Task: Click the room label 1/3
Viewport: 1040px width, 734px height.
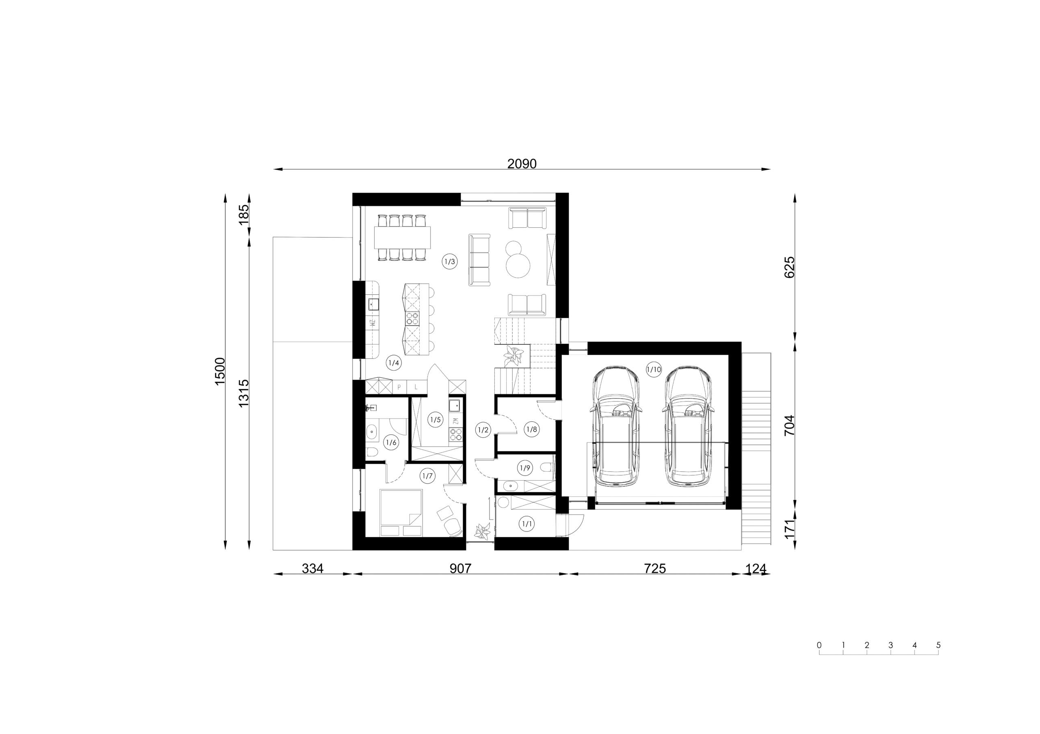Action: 450,261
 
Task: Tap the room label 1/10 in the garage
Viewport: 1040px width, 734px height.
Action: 654,369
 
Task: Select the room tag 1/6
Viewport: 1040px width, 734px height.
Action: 391,443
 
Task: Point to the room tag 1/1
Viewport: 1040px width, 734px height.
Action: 527,524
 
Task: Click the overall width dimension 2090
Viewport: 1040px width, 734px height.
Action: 522,164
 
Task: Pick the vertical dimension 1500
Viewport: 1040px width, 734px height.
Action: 220,371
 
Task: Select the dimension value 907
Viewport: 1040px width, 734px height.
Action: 460,568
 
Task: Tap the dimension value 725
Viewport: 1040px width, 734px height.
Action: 654,568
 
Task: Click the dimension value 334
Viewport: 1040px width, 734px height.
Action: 312,568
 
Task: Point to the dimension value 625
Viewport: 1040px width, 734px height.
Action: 789,268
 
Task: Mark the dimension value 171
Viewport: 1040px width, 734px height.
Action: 789,529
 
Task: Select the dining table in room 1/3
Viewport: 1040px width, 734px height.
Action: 402,237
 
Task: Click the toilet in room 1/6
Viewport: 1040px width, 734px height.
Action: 372,452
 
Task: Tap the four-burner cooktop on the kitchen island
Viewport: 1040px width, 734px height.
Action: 95,319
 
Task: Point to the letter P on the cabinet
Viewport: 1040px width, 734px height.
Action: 399,387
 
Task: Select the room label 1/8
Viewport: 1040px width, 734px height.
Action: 531,429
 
